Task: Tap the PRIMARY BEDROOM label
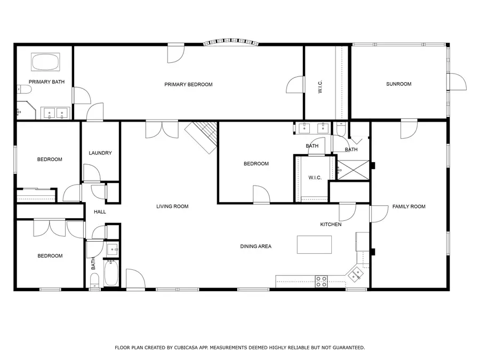pyautogui.click(x=188, y=84)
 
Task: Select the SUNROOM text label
pyautogui.click(x=398, y=84)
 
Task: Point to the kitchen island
pyautogui.click(x=314, y=244)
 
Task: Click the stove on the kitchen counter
pyautogui.click(x=321, y=281)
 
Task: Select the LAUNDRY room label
pyautogui.click(x=100, y=153)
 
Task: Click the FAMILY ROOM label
pyautogui.click(x=409, y=206)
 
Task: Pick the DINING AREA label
pyautogui.click(x=255, y=246)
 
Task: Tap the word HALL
pyautogui.click(x=100, y=212)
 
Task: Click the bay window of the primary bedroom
pyautogui.click(x=232, y=43)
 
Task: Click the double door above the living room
pyautogui.click(x=162, y=130)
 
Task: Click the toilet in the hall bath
pyautogui.click(x=94, y=281)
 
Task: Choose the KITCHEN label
pyautogui.click(x=331, y=225)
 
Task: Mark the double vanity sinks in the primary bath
pyautogui.click(x=55, y=112)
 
